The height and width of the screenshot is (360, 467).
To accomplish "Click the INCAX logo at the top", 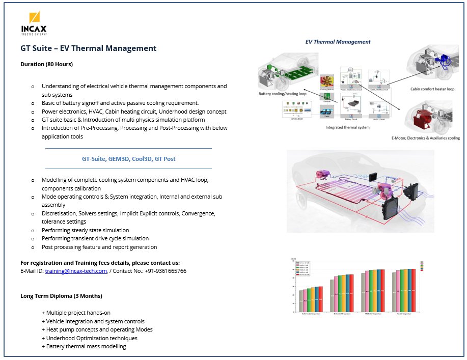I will coord(34,23).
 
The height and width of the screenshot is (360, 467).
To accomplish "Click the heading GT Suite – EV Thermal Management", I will coord(89,48).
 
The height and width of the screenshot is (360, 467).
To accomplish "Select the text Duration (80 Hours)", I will coord(46,64).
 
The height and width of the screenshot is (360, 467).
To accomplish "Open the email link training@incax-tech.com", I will coord(76,271).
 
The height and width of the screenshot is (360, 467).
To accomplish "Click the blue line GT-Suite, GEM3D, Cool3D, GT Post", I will coord(128,159).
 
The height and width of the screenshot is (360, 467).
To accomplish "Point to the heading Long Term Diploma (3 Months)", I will coord(61,296).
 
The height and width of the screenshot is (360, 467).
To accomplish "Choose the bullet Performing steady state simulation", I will coord(85,230).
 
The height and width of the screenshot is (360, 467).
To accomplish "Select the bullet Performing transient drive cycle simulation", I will coord(95,238).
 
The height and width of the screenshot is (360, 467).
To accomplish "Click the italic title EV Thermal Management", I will coord(338,42).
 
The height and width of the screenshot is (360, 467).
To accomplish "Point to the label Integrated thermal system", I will coord(347,127).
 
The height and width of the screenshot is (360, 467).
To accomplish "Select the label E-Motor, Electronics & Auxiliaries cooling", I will coord(425,138).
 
